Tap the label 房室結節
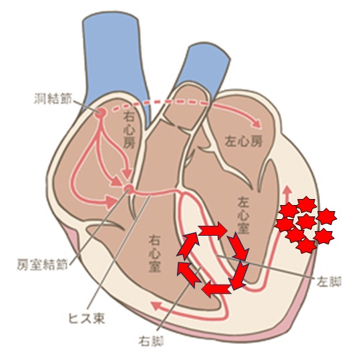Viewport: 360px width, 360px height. [x=43, y=264]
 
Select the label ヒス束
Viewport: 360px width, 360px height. [x=87, y=318]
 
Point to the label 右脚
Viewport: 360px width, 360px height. [x=151, y=342]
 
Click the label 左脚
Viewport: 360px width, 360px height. [x=329, y=281]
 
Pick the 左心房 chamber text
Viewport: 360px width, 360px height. [x=243, y=142]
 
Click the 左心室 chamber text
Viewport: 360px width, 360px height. [x=244, y=214]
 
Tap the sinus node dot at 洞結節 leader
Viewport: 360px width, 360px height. [x=102, y=112]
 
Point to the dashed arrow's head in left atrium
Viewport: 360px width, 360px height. [x=257, y=124]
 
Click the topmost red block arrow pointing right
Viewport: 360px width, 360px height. [x=213, y=230]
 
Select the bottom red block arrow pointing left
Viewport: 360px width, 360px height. [x=216, y=289]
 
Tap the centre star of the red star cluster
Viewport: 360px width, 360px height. [x=307, y=222]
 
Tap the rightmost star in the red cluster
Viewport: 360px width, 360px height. [x=326, y=216]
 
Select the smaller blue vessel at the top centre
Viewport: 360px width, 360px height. [x=206, y=69]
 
